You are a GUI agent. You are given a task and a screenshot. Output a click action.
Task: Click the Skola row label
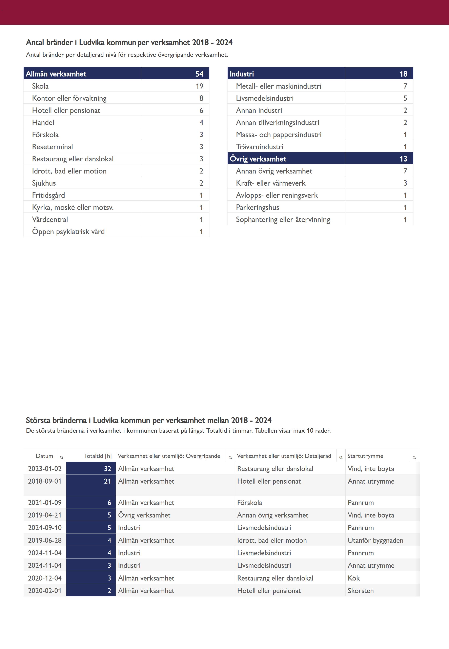pos(40,86)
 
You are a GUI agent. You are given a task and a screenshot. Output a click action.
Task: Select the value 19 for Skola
pos(200,86)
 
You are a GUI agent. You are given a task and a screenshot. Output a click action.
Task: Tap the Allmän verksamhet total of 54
pos(200,74)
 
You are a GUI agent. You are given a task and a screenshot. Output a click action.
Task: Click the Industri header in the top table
pos(242,74)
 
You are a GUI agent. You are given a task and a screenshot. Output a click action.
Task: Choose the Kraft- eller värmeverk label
pos(271,183)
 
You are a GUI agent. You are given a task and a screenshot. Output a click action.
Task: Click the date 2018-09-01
pos(45,481)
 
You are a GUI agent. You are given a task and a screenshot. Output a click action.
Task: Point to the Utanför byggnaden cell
pos(375,540)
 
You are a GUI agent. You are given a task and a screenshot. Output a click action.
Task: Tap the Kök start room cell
pos(354,578)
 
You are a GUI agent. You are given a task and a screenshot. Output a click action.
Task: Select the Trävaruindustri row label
pos(259,147)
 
